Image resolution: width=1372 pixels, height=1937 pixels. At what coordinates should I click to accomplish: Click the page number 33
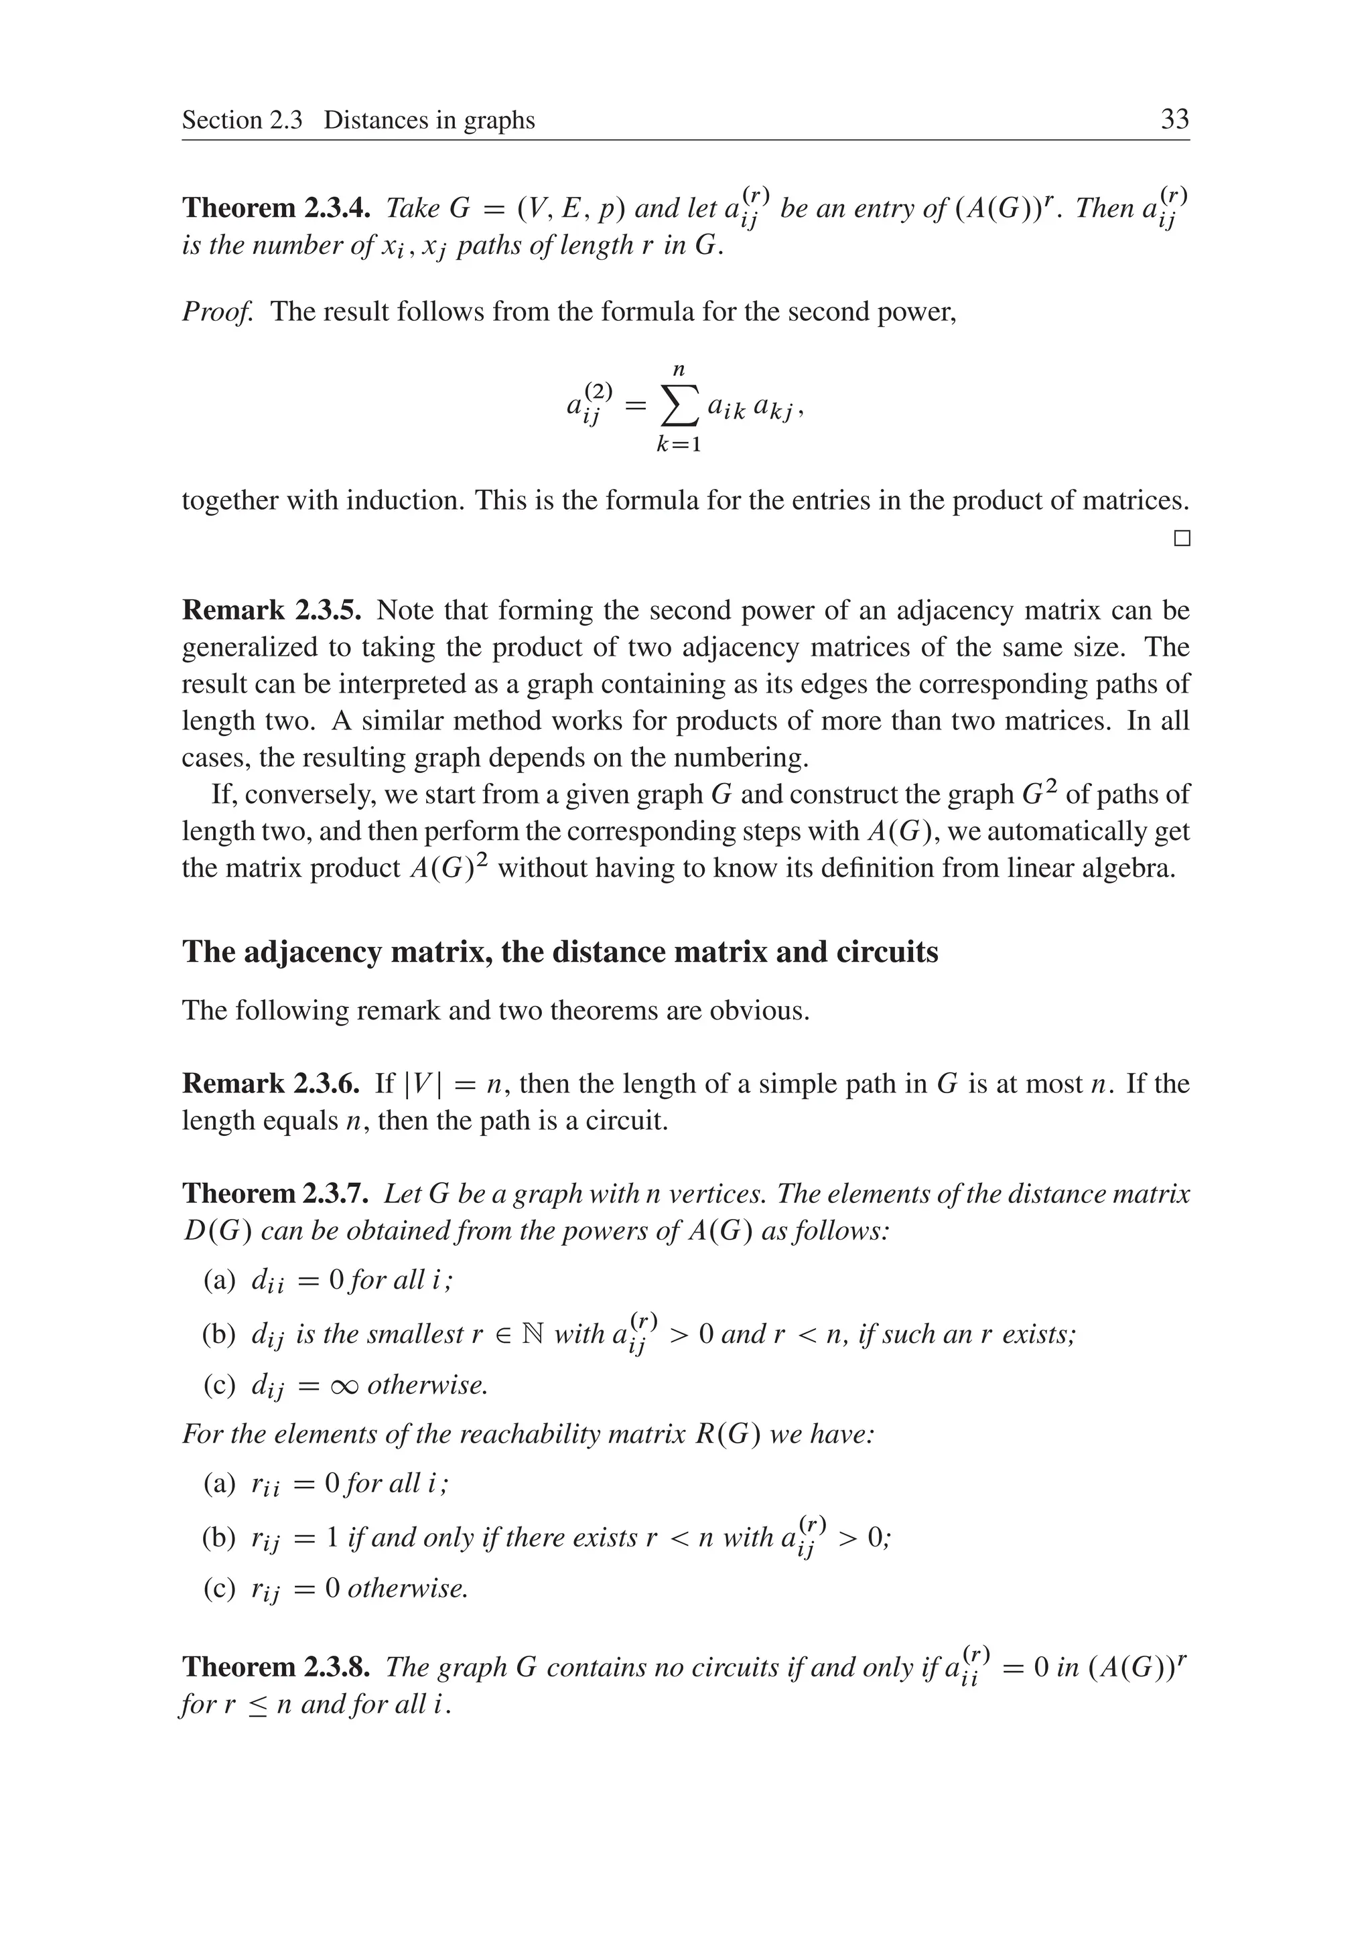click(1175, 119)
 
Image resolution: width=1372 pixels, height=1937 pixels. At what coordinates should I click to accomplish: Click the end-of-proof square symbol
click(1182, 538)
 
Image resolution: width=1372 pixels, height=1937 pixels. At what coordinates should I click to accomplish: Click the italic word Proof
click(217, 311)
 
